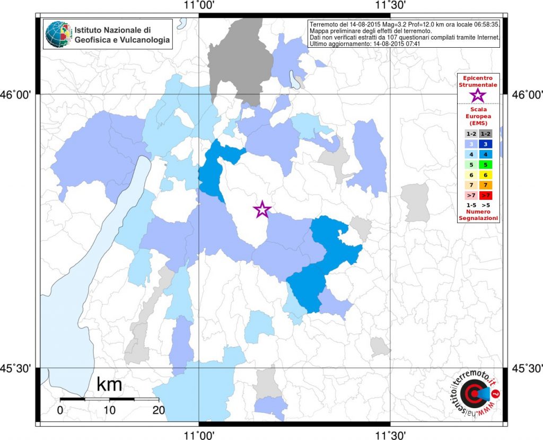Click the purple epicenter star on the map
click(x=262, y=209)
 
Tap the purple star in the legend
click(x=478, y=95)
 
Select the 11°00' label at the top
click(x=199, y=5)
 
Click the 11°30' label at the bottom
click(x=391, y=434)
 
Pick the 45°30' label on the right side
click(x=527, y=368)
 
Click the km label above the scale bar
click(x=109, y=384)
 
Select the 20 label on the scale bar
click(x=159, y=410)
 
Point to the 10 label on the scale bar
click(x=109, y=410)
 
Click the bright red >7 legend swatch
click(x=486, y=195)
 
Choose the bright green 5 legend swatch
click(x=486, y=165)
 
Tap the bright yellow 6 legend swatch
click(x=486, y=175)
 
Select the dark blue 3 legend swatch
click(x=486, y=144)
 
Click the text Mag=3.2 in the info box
click(x=395, y=24)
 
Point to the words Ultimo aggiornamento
click(x=338, y=44)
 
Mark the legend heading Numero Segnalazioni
click(x=478, y=215)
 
